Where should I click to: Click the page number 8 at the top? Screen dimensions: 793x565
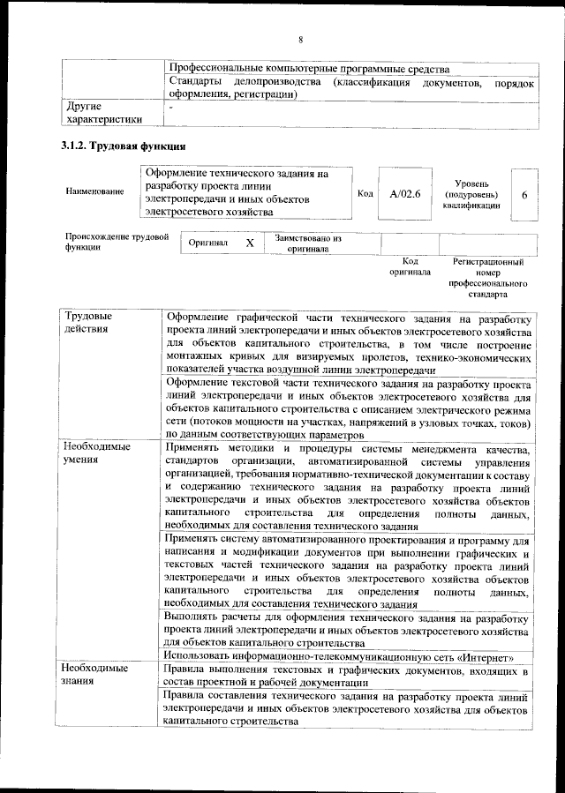tap(300, 40)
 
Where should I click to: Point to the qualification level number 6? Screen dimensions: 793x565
tap(524, 193)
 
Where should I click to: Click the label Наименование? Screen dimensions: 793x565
tap(94, 192)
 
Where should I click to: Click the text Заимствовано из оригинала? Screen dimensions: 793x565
tap(308, 243)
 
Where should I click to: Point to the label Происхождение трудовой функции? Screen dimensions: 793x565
tap(116, 243)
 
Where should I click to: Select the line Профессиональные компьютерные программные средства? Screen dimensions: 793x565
tap(309, 68)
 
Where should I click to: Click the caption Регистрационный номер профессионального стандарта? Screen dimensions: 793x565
tap(488, 279)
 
